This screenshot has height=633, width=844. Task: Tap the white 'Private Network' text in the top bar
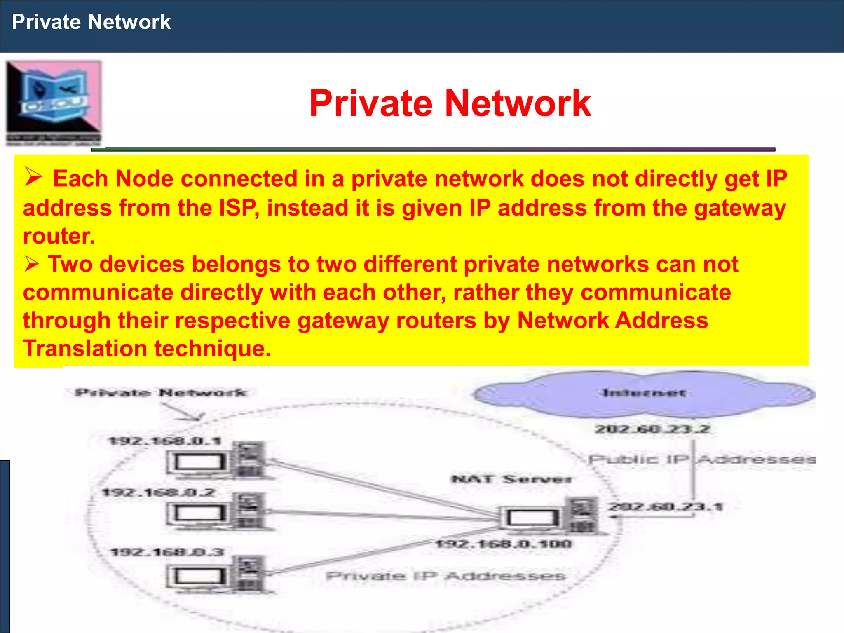pos(91,22)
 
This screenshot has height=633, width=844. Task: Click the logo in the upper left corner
pos(54,103)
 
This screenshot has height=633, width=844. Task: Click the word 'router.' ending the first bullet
pos(59,236)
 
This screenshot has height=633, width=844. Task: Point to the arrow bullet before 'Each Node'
pos(33,177)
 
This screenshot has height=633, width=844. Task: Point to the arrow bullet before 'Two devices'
pos(32,264)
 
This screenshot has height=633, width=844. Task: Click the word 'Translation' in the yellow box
pos(84,349)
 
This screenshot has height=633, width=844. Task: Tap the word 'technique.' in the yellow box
pos(213,349)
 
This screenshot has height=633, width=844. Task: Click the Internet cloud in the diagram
pos(644,394)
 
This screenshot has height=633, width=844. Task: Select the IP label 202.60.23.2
pos(652,429)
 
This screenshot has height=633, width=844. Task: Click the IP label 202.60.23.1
pos(666,506)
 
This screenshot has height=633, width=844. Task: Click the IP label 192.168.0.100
pos(504,544)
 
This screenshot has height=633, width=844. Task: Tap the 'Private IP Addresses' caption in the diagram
pos(445,576)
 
